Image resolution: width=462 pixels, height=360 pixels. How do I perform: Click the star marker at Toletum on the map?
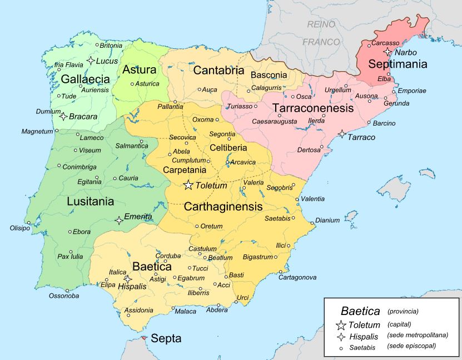pyautogui.click(x=189, y=185)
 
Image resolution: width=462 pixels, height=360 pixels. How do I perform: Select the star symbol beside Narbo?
pyautogui.click(x=388, y=52)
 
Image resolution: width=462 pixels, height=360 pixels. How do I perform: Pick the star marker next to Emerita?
pyautogui.click(x=118, y=220)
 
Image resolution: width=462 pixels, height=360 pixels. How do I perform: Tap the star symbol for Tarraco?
pyautogui.click(x=341, y=134)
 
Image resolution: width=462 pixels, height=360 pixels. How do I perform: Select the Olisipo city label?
pyautogui.click(x=20, y=228)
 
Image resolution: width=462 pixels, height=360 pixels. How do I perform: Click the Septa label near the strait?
pyautogui.click(x=166, y=338)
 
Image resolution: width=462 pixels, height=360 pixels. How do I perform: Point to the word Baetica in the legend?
pyautogui.click(x=360, y=312)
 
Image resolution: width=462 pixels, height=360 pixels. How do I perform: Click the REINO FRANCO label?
pyautogui.click(x=321, y=33)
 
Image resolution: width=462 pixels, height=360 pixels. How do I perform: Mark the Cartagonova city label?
pyautogui.click(x=297, y=277)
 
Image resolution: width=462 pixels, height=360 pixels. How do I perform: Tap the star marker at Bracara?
pyautogui.click(x=63, y=116)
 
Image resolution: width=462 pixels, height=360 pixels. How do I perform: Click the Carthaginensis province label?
pyautogui.click(x=222, y=206)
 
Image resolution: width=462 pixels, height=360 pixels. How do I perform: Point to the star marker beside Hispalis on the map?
pyautogui.click(x=127, y=279)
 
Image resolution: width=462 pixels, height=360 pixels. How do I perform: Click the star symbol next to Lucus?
pyautogui.click(x=91, y=61)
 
